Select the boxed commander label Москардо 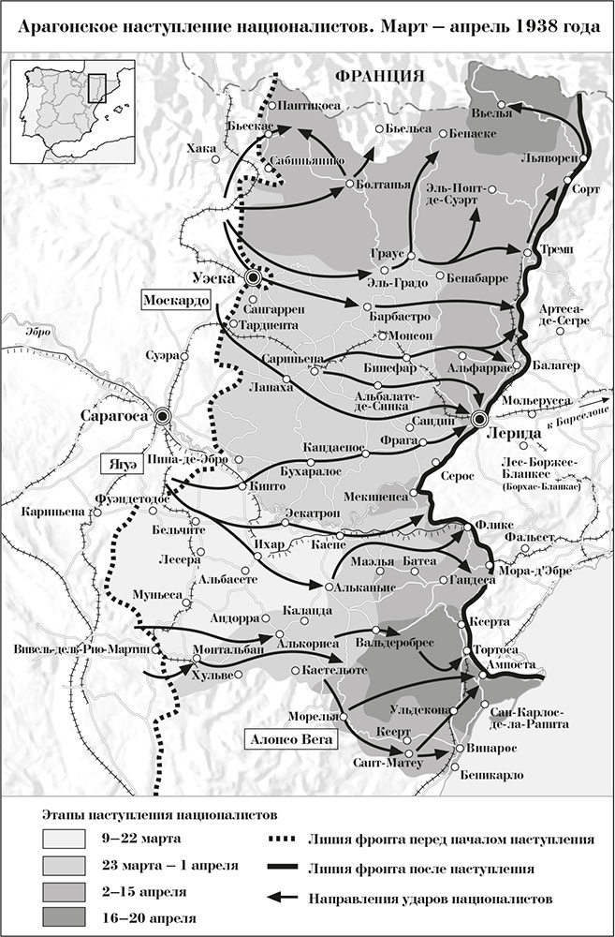tap(175, 300)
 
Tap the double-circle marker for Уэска tap(254, 278)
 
